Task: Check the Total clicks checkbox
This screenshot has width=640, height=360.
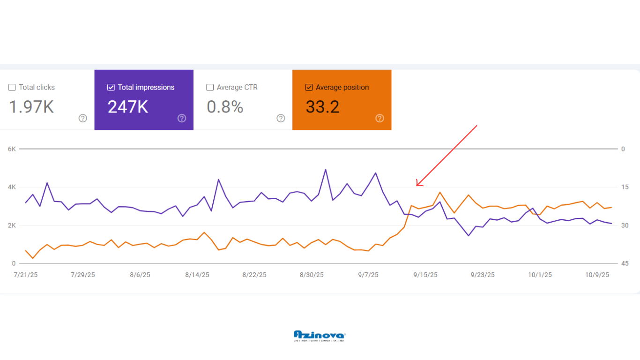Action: coord(12,87)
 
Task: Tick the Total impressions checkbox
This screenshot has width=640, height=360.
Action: coord(111,87)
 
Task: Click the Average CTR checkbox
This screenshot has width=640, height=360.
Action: coord(210,87)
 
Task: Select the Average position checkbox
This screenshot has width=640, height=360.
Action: coord(309,87)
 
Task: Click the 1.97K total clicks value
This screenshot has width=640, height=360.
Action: coord(31,107)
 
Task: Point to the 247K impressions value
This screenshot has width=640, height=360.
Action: coord(128,107)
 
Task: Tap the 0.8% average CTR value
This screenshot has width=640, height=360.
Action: coord(225,107)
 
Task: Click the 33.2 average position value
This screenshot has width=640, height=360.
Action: coord(322,107)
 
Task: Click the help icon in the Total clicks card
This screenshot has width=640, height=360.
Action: coord(83,118)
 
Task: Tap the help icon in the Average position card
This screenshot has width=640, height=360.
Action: coord(380,118)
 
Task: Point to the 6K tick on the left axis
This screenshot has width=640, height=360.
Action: coord(12,149)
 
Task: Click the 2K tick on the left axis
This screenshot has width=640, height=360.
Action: coord(12,225)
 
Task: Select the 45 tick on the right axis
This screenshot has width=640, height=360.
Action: coord(625,263)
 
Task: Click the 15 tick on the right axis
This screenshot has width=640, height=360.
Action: coord(625,187)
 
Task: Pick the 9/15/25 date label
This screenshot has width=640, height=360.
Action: coord(425,275)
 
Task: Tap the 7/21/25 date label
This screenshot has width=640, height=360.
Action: coord(26,275)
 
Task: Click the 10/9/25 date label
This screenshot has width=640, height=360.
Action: coord(597,275)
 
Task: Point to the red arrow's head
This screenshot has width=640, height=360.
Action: coord(417,186)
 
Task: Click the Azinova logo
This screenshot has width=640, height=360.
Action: coord(320,336)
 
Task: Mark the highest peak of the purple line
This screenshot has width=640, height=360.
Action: coord(326,170)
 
